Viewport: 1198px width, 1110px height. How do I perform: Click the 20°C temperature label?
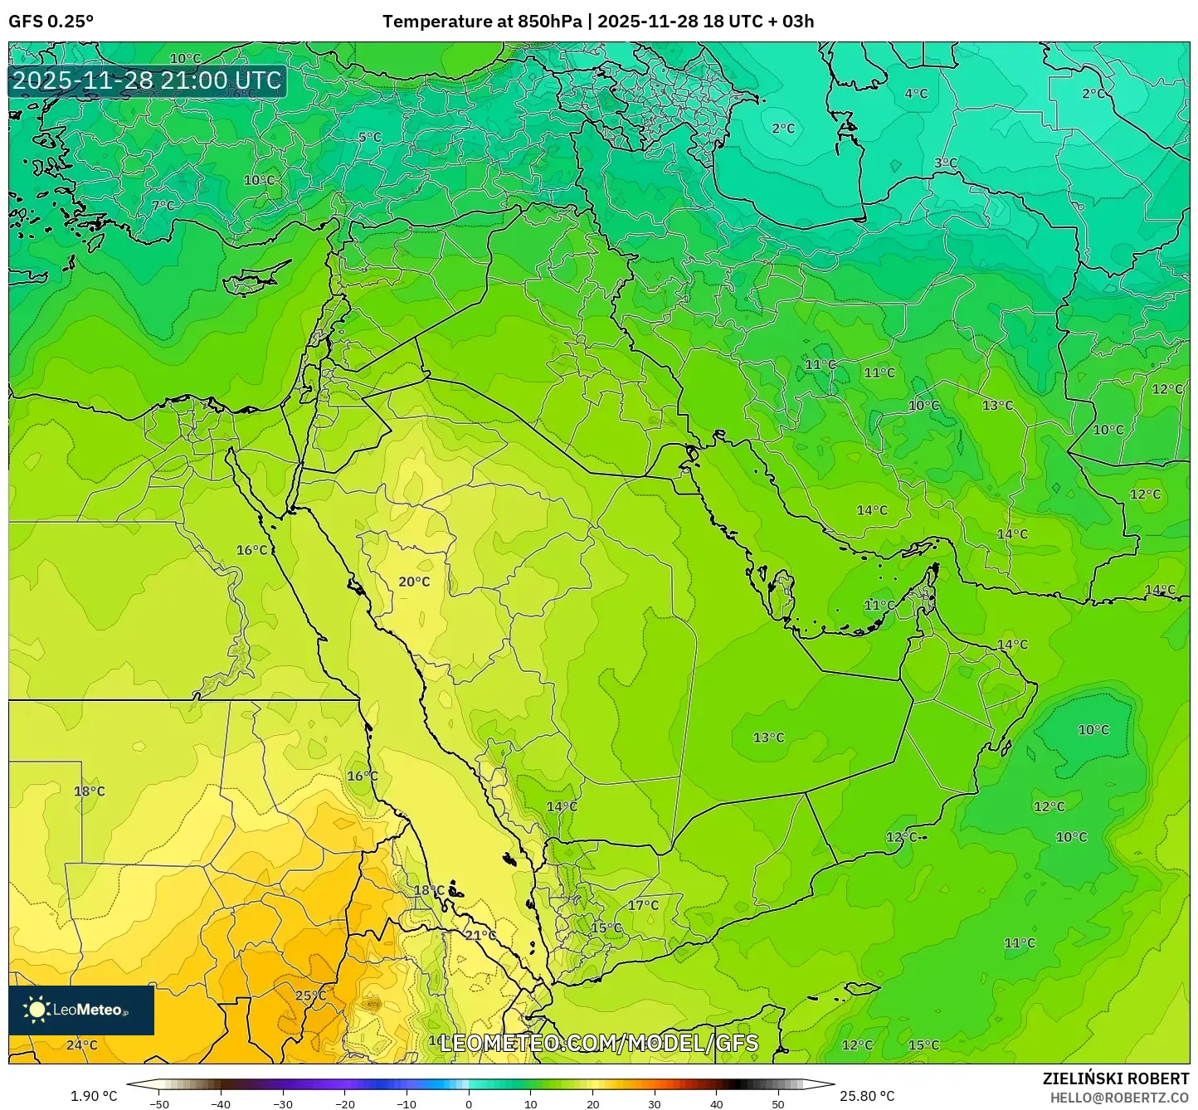(x=414, y=582)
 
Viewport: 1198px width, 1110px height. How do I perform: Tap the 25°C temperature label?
(x=310, y=996)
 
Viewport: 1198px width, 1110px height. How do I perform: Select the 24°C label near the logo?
(x=81, y=1044)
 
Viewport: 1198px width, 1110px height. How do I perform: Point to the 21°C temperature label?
(x=480, y=935)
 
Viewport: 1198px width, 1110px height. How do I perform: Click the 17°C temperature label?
(x=643, y=905)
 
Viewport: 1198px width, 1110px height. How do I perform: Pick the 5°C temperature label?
(x=370, y=137)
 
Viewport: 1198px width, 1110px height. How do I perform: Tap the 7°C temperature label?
(x=163, y=206)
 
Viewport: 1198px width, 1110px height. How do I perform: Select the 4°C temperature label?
(x=916, y=94)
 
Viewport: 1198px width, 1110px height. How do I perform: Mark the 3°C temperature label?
(x=946, y=163)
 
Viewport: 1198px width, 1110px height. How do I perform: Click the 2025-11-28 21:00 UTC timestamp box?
(x=147, y=80)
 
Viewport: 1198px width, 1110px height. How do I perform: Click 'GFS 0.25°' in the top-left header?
(x=51, y=22)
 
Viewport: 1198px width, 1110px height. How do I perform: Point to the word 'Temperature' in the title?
(x=431, y=22)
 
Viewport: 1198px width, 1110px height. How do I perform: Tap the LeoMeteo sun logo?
(x=37, y=1010)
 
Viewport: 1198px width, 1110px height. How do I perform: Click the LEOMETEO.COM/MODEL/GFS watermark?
(x=598, y=1043)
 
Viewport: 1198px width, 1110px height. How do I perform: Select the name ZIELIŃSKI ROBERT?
(x=1116, y=1078)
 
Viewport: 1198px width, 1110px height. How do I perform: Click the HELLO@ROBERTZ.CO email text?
(x=1119, y=1098)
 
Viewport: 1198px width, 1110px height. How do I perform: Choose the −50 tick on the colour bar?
(x=158, y=1103)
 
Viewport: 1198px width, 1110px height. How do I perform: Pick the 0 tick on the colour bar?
(x=469, y=1103)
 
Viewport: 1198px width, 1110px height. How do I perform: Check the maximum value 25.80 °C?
(x=867, y=1096)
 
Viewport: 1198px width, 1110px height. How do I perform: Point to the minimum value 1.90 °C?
(x=94, y=1096)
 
